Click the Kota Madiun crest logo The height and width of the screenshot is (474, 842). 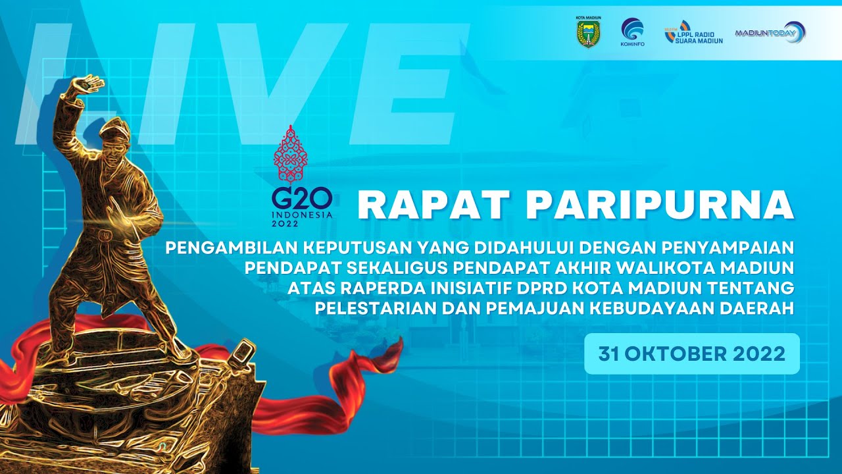[x=589, y=32]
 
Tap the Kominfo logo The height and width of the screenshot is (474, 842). [x=632, y=32]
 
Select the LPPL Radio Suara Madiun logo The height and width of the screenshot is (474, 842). [x=694, y=32]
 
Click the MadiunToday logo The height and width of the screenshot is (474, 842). [x=770, y=32]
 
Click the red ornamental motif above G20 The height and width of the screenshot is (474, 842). [x=291, y=154]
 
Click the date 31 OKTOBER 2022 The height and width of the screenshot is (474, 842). [x=692, y=354]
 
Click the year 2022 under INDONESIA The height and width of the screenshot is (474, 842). [x=285, y=224]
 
